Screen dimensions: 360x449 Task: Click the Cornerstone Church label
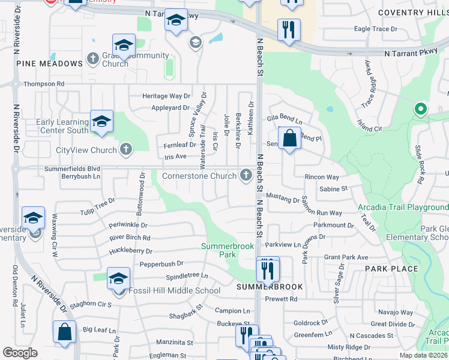(x=199, y=176)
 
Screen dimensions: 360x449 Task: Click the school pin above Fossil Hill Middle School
(x=119, y=278)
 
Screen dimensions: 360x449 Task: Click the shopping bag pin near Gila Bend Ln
(x=289, y=139)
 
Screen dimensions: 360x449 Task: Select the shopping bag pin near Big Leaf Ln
(x=65, y=332)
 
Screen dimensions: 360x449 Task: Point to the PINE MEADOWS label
(x=49, y=64)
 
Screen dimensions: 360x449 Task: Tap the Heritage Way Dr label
(x=166, y=96)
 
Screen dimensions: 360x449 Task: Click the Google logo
(x=20, y=353)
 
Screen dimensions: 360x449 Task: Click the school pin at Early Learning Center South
(x=101, y=122)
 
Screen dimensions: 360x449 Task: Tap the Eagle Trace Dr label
(x=375, y=29)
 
